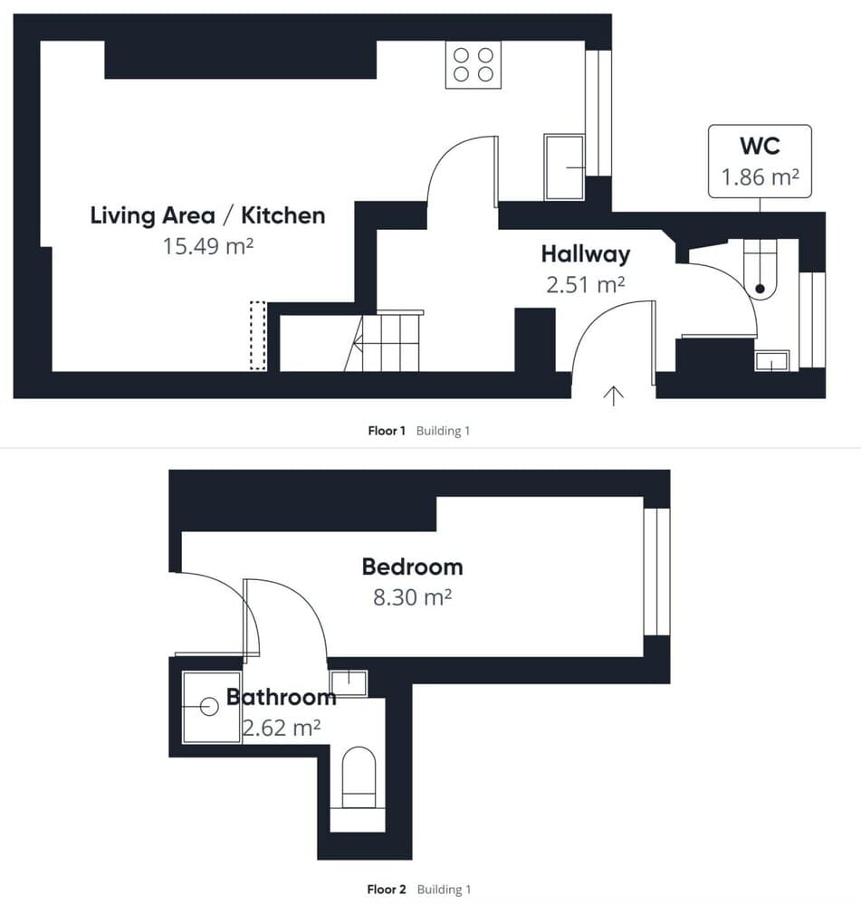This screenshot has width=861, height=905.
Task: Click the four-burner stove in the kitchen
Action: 474,65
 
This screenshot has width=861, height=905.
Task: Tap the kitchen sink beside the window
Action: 564,167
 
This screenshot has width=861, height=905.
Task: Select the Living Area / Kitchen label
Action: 207,215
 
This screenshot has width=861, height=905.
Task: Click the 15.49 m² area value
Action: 207,245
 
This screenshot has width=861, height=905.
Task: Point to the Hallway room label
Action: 585,253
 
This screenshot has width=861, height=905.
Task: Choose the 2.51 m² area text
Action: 585,284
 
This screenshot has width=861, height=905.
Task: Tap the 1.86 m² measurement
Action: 759,177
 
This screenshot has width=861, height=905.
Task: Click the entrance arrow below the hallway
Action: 614,395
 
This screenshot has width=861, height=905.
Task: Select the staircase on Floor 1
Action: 386,341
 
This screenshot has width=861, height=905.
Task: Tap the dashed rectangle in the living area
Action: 258,336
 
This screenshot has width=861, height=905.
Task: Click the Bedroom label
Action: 412,567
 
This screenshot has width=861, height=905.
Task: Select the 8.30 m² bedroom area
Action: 412,598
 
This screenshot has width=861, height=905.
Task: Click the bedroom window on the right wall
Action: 656,572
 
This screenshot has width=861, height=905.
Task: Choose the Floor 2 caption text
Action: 387,890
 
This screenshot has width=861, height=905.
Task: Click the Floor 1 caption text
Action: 387,431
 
